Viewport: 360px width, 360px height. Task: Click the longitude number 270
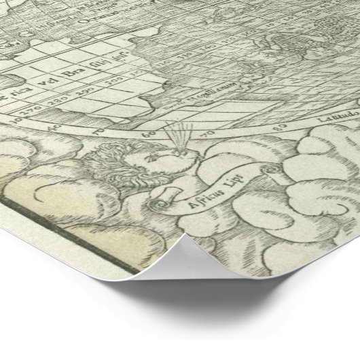point(28,105)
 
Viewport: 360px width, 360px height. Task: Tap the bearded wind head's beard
point(123,178)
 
